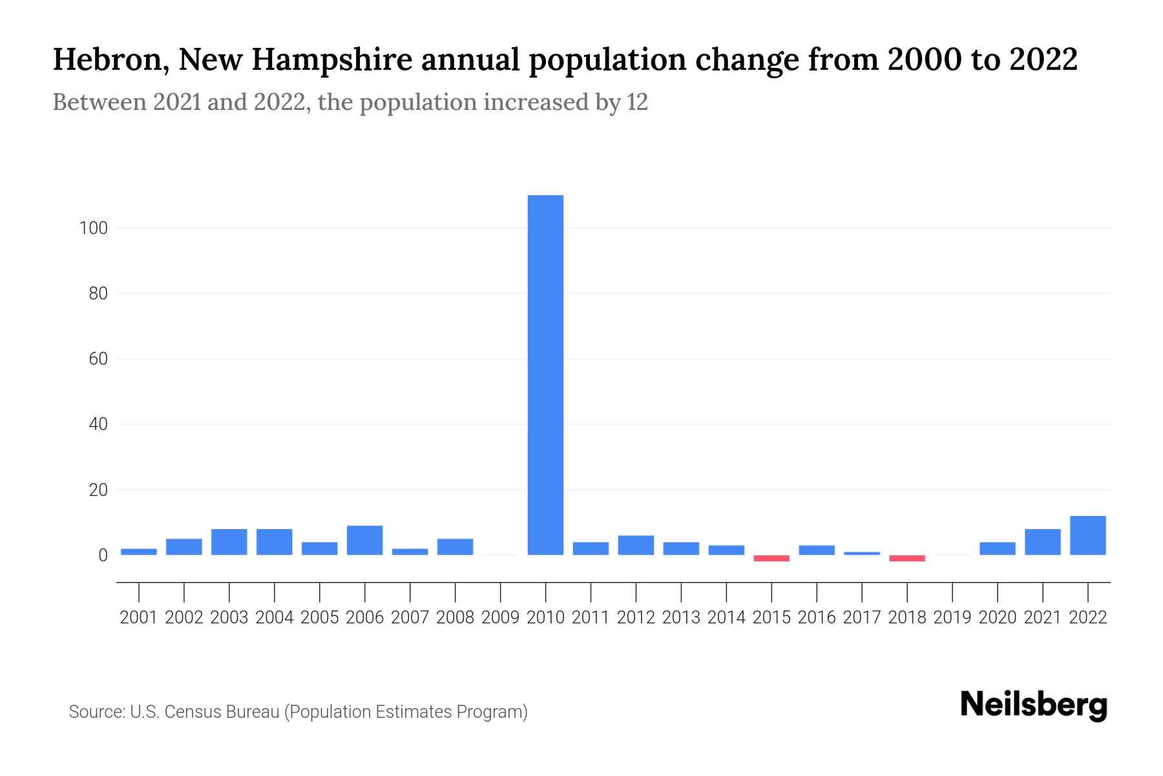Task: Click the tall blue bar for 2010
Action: coord(545,375)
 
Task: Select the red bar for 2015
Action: coord(771,558)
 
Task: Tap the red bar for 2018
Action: coord(907,558)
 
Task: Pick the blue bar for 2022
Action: coord(1088,535)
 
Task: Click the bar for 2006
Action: coord(364,541)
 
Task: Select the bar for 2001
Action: coord(139,552)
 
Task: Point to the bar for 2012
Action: coord(636,545)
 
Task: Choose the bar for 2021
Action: coord(1043,542)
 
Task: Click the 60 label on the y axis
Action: coord(98,359)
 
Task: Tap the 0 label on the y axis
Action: coord(103,555)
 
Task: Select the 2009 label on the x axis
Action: coord(500,618)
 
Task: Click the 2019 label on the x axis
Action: coord(952,618)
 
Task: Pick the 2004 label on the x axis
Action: coord(274,618)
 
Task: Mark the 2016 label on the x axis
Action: coord(817,618)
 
